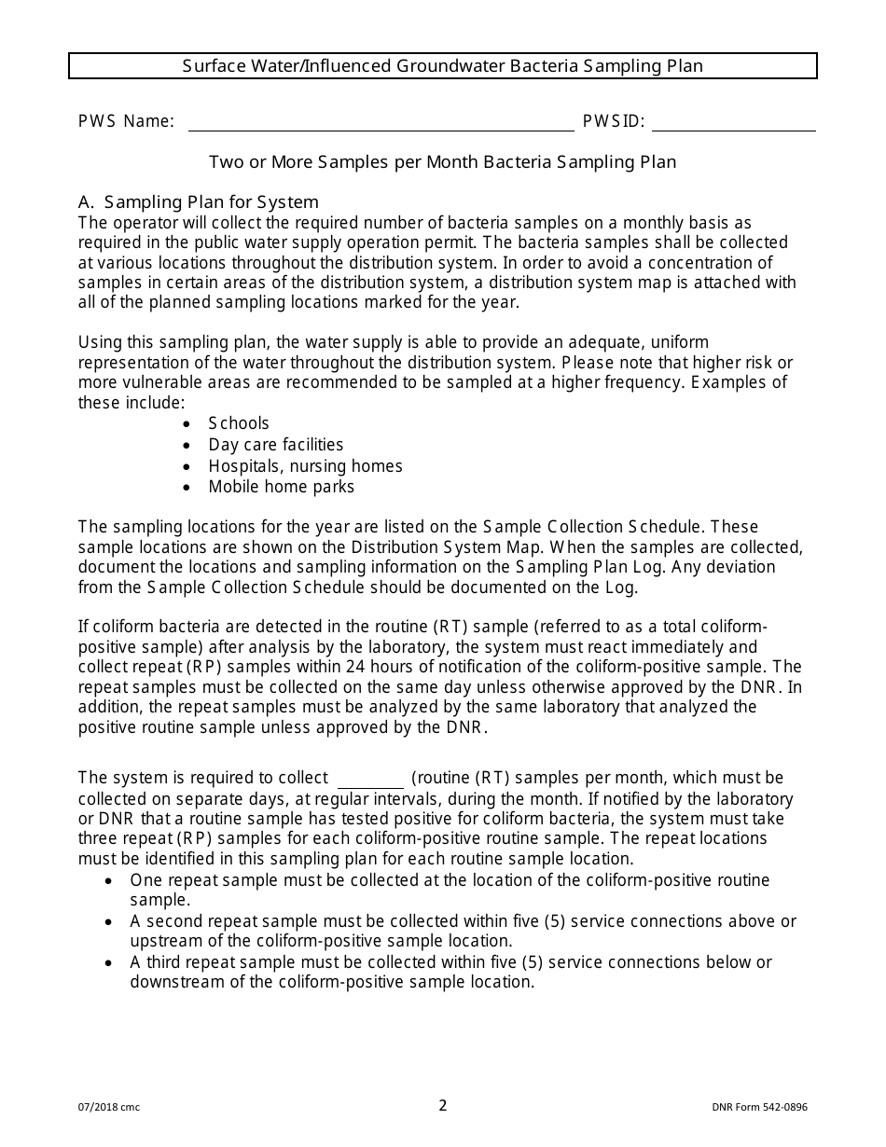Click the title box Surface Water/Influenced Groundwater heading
(x=443, y=65)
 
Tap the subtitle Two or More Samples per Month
(x=442, y=161)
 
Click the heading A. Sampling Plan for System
(x=199, y=202)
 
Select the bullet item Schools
(x=239, y=423)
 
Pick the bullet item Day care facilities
(x=275, y=445)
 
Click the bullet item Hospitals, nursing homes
(x=305, y=465)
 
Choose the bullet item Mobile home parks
(x=281, y=487)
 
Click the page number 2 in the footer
(x=443, y=1106)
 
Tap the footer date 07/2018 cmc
(x=109, y=1108)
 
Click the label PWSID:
(x=614, y=121)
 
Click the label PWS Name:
(x=126, y=121)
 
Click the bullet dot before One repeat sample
(x=110, y=881)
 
